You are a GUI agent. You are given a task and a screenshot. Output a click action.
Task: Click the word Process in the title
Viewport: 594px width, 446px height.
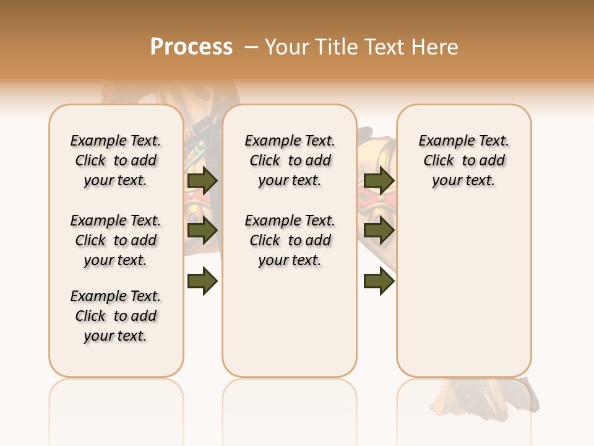(191, 46)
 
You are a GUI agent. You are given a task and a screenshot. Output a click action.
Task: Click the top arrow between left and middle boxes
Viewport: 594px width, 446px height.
(202, 180)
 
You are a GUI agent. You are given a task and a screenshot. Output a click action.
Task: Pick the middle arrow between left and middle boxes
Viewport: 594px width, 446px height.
(202, 230)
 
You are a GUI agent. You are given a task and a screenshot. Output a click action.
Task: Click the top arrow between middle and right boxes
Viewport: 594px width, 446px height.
(379, 180)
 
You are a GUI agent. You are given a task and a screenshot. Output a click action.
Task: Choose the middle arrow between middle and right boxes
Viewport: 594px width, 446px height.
(379, 230)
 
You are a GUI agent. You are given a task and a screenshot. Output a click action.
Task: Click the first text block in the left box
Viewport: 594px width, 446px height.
(116, 160)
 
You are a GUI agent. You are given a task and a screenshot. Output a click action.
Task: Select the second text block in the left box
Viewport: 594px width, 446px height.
(116, 240)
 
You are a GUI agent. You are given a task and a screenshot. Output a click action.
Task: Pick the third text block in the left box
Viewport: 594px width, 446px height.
(116, 316)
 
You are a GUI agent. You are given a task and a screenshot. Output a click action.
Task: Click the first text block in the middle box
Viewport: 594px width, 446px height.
(290, 160)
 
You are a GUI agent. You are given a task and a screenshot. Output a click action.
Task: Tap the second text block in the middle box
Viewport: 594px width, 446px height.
(290, 240)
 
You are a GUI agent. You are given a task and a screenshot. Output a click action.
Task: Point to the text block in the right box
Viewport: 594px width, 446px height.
(464, 160)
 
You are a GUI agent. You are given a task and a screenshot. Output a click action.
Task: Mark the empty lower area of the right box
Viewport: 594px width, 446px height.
(464, 285)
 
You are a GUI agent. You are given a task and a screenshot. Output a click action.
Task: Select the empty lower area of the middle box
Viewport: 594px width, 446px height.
(290, 322)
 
